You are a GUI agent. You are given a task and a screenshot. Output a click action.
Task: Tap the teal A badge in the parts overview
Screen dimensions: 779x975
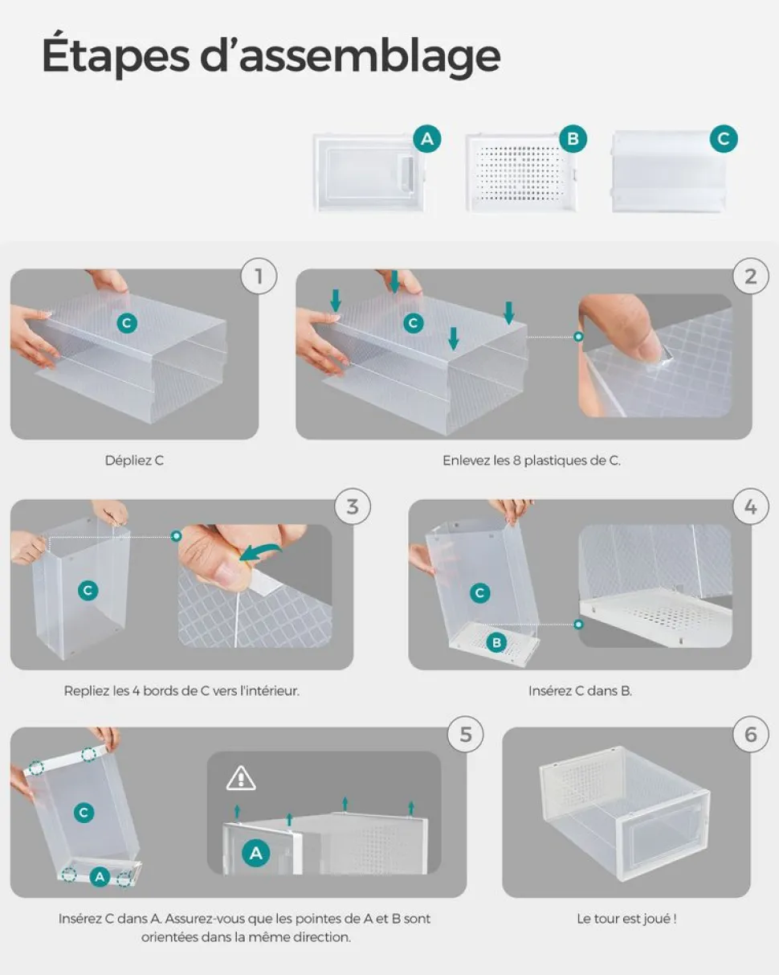pos(426,138)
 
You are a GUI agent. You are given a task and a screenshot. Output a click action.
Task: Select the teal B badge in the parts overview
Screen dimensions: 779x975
pos(573,138)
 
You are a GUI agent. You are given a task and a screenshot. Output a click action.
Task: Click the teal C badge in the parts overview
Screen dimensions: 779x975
pos(724,138)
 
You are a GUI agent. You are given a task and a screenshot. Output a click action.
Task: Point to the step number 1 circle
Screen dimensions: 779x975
pos(259,276)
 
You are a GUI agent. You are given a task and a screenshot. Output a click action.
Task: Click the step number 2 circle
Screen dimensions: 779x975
pos(750,276)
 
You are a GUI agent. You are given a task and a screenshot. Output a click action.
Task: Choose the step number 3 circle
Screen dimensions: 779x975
pos(353,506)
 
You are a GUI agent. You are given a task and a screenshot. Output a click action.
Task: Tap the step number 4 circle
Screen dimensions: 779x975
pos(750,506)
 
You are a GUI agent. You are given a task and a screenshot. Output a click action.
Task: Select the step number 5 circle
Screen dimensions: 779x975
pos(465,734)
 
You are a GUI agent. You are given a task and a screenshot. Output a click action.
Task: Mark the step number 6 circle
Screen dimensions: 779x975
pos(750,734)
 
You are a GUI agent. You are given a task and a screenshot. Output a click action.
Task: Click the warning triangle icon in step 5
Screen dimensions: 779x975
pos(241,778)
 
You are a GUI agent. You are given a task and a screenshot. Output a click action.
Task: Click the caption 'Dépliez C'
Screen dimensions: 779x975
pos(134,461)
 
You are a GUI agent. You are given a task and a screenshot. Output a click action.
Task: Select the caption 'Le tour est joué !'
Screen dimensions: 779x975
pos(627,919)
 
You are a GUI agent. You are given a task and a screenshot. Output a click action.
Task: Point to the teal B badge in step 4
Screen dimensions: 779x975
pos(496,642)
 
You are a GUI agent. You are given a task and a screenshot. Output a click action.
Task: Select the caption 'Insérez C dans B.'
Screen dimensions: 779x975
pos(580,690)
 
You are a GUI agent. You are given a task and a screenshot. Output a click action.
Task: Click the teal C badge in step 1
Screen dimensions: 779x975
pos(127,323)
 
